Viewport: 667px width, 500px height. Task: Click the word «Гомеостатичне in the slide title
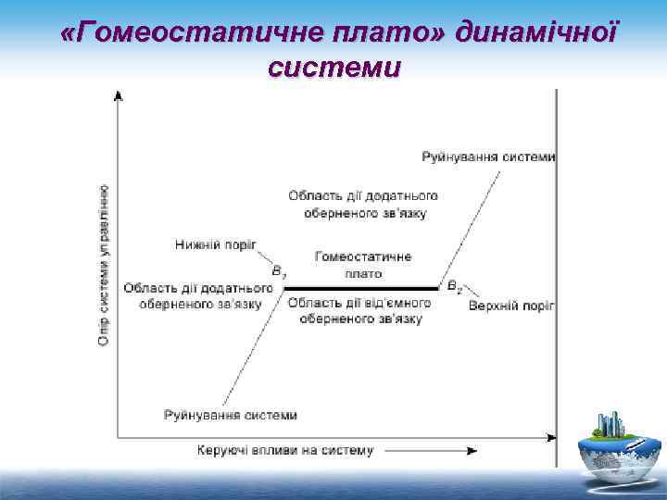pos(185,34)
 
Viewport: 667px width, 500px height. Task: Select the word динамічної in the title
pos(536,34)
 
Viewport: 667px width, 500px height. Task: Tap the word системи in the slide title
pos(333,69)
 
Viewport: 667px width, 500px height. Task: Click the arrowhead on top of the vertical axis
pos(118,95)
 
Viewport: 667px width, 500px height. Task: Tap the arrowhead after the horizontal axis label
pos(472,451)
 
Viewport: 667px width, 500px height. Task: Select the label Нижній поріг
pos(215,244)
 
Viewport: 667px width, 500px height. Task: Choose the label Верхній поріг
pos(511,306)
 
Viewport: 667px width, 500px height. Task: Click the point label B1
pos(278,272)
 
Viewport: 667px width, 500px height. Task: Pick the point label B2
pos(454,288)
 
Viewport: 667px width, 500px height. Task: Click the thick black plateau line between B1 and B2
pos(361,288)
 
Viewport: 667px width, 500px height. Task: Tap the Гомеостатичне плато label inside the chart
pos(362,265)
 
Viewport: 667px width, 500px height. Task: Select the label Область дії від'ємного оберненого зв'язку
pos(361,311)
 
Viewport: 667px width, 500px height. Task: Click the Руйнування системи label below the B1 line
pos(231,415)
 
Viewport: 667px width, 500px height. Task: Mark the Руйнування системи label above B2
pos(488,156)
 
